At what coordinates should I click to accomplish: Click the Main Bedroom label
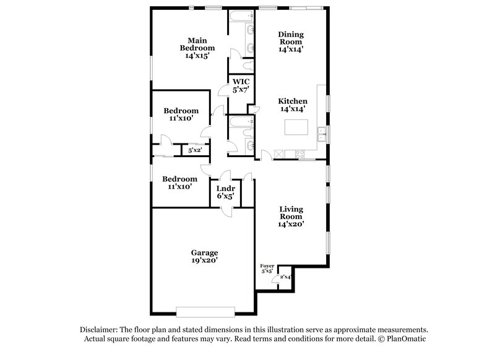(197, 48)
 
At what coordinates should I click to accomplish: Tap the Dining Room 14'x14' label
(290, 41)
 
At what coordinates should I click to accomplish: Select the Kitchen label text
(292, 101)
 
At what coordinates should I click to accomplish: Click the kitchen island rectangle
(296, 127)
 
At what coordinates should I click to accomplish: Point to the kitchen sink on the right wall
(322, 132)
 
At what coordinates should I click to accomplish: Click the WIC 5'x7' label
(240, 85)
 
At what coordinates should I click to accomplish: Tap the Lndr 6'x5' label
(225, 191)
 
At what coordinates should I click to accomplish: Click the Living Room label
(290, 216)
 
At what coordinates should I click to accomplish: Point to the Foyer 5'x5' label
(267, 268)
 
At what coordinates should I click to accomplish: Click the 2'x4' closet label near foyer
(285, 277)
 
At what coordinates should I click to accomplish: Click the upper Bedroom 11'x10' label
(181, 114)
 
